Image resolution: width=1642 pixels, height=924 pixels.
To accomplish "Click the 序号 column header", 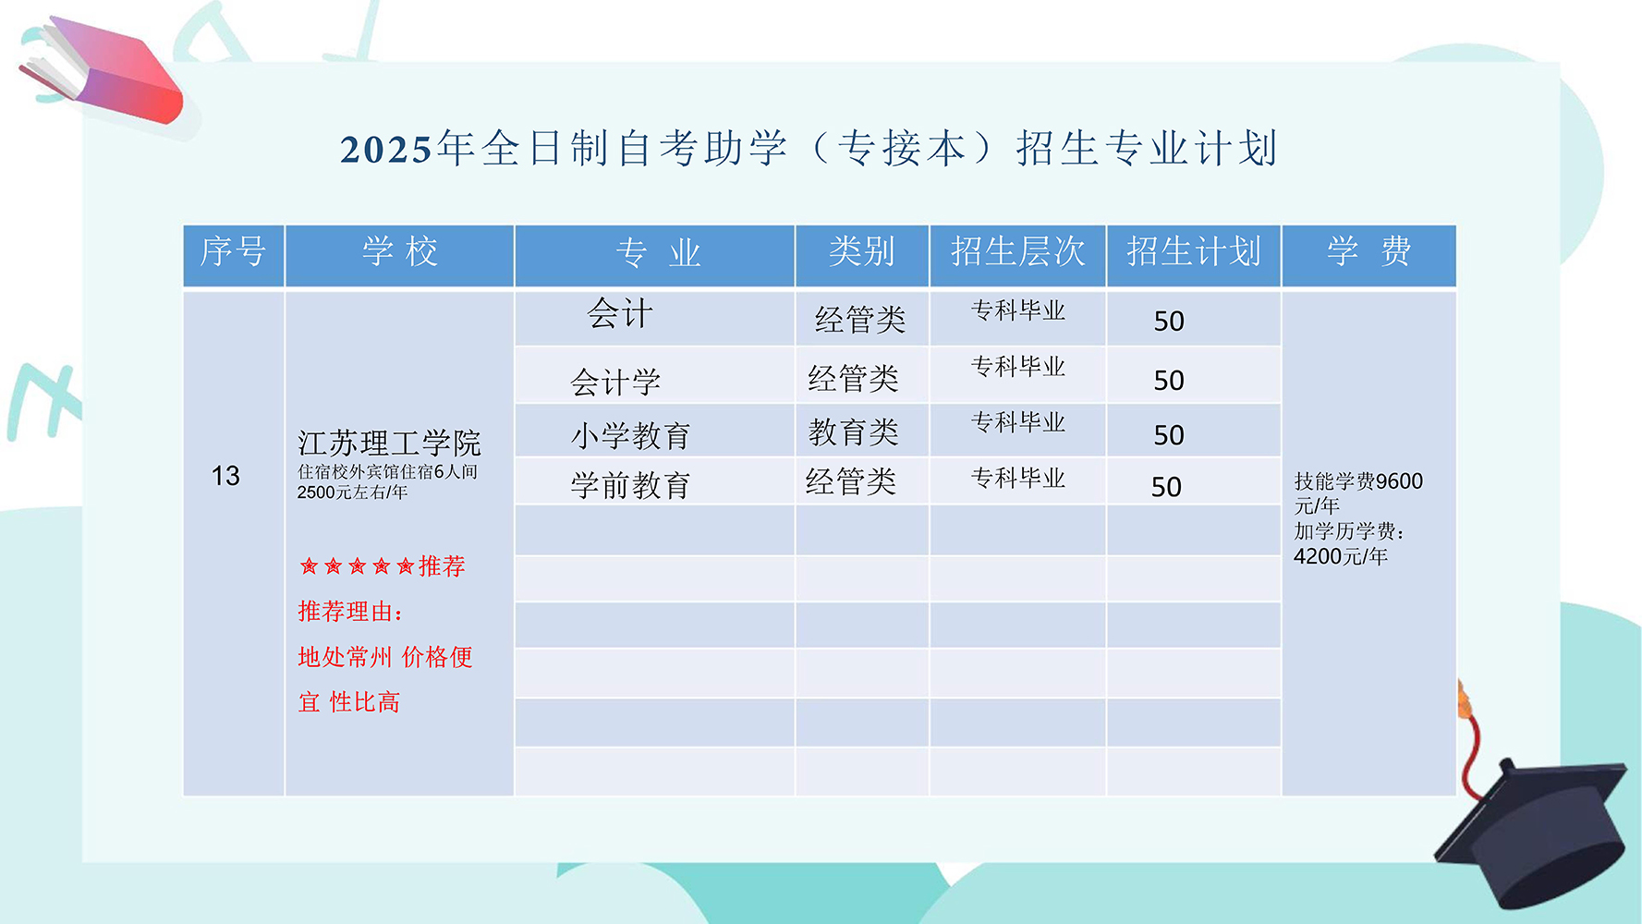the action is (x=233, y=251).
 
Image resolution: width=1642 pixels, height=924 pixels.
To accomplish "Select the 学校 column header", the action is (x=399, y=251).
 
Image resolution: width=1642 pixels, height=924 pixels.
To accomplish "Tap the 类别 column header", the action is (x=861, y=251).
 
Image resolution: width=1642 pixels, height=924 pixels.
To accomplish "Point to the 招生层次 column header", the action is (x=1017, y=251).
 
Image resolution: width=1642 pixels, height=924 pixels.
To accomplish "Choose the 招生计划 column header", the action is (x=1193, y=251).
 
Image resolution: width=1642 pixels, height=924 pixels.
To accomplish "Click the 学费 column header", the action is (x=1368, y=251).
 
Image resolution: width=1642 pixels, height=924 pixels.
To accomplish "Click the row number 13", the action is (x=225, y=476).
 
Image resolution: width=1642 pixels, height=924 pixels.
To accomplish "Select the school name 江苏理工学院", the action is (x=389, y=444).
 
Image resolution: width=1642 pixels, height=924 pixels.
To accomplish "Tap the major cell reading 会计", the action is (x=620, y=314).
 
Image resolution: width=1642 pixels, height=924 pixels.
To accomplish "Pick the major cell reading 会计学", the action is (x=615, y=382).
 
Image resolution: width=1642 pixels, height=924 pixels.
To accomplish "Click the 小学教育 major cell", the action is (x=630, y=435).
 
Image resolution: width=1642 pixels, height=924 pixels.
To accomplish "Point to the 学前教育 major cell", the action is (x=630, y=485).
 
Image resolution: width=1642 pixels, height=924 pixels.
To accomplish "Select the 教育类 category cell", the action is (x=854, y=432).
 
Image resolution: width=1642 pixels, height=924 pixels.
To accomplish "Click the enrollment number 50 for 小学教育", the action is (x=1169, y=435).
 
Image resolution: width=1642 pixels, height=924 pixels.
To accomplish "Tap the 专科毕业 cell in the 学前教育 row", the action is (x=1018, y=478).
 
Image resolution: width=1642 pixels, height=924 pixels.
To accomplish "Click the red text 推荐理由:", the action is (x=350, y=611).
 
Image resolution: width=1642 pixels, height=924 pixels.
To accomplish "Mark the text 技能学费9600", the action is (x=1358, y=481).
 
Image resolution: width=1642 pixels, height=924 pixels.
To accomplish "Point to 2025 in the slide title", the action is (x=386, y=150).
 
